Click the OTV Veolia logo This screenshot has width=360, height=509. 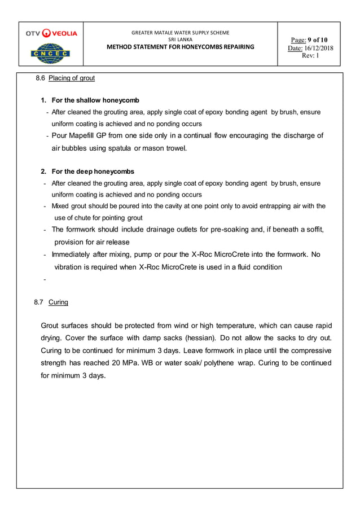click(x=51, y=33)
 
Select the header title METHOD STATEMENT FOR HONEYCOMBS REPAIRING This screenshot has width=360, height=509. click(x=181, y=46)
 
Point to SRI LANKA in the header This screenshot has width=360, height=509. click(x=181, y=40)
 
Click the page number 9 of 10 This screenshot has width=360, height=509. click(x=318, y=40)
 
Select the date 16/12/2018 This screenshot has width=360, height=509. click(x=319, y=48)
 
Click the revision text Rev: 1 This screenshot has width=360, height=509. click(x=310, y=56)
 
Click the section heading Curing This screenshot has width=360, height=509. click(x=58, y=302)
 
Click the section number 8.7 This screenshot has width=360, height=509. click(x=39, y=302)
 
